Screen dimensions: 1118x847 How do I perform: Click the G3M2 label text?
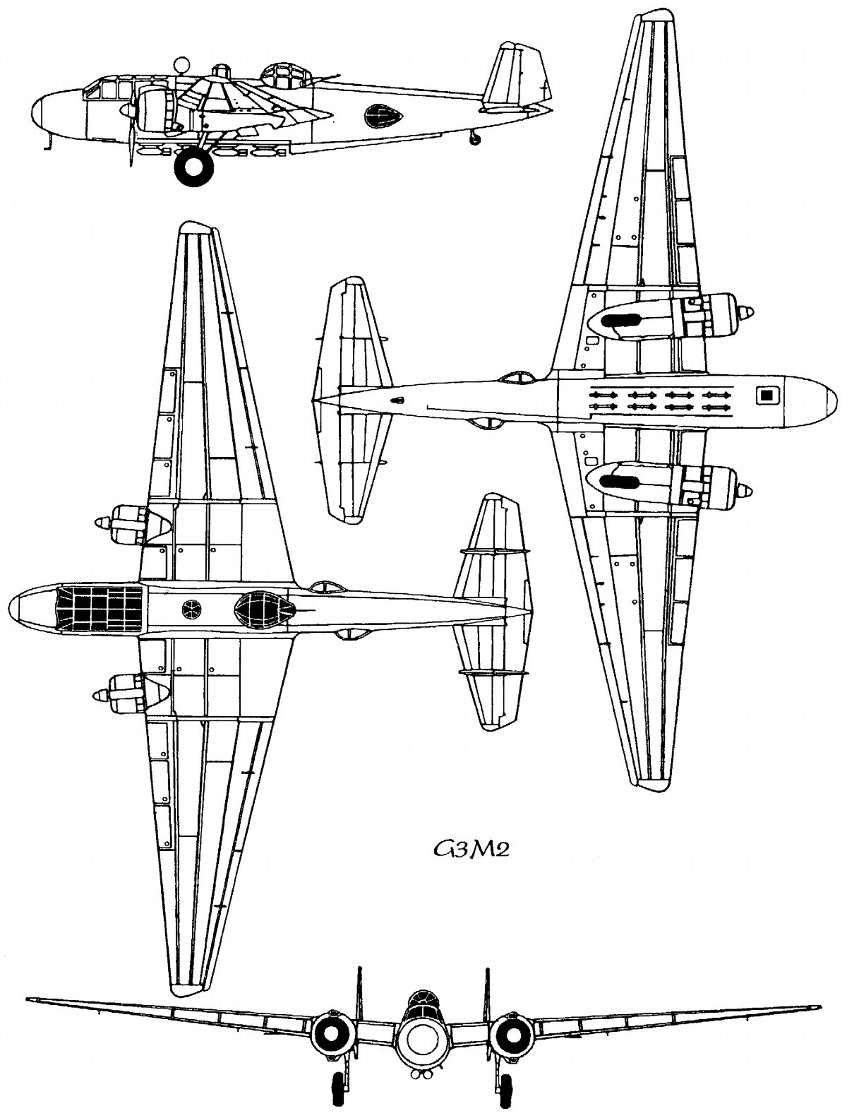(471, 848)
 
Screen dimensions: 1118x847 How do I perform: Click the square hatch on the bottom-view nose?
(764, 396)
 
